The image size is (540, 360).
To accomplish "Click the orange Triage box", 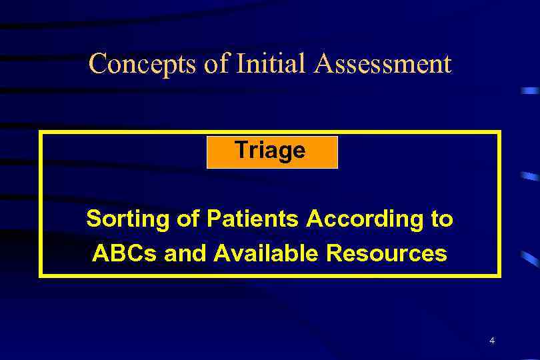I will point(272,152).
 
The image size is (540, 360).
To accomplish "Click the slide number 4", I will point(491,341).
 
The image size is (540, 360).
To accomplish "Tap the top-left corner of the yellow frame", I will point(41,132).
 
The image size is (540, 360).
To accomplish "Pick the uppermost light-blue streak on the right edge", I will point(530,90).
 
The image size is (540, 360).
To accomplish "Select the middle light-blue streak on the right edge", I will point(529,177).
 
